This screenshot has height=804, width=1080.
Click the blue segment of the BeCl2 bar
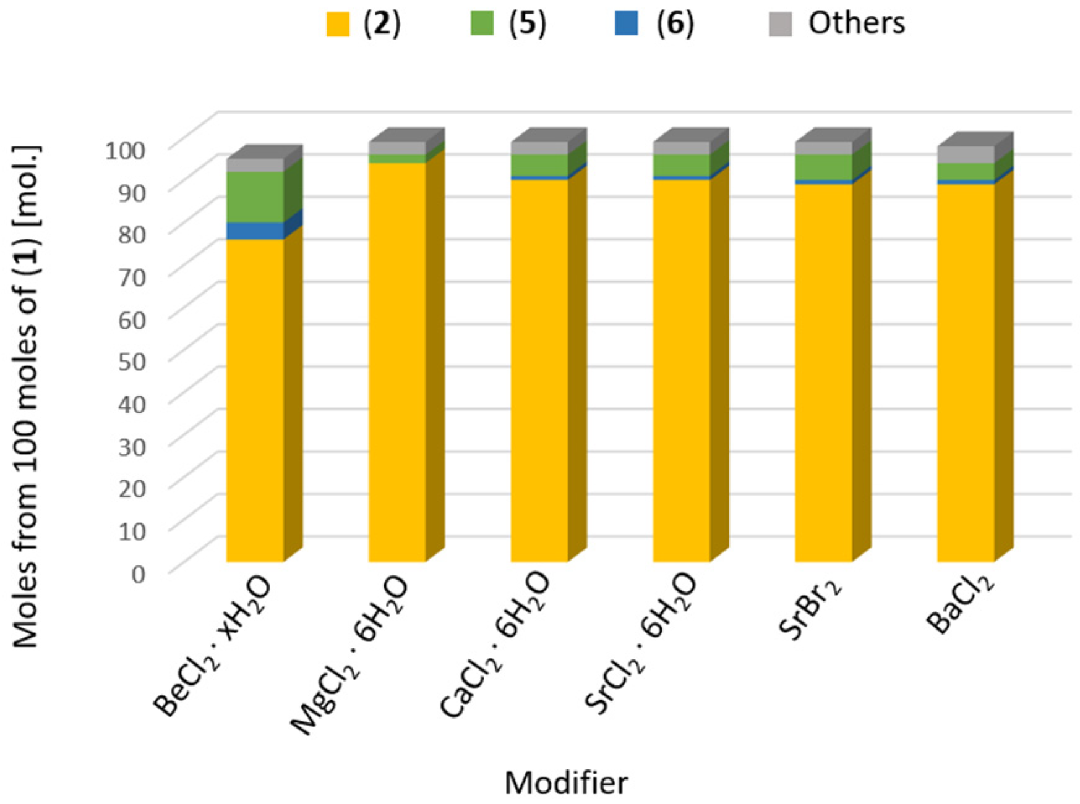(255, 231)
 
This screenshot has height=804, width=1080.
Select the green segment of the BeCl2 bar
(255, 197)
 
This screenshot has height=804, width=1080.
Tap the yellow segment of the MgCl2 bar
(397, 362)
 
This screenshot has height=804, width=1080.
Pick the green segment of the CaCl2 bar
(539, 165)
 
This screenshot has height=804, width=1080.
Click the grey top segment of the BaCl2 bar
(966, 154)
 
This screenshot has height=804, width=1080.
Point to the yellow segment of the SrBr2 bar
(824, 373)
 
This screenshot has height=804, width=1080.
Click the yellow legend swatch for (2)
(338, 24)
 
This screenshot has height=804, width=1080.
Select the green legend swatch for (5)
(482, 24)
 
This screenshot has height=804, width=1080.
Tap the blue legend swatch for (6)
(627, 24)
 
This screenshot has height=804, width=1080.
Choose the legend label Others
(857, 23)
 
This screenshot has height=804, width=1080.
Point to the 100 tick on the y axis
(126, 150)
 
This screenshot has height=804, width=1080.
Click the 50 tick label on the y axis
(132, 362)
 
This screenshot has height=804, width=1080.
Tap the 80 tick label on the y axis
(132, 234)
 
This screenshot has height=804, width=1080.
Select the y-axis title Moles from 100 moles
(26, 396)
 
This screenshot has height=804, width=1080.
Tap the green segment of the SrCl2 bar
(682, 165)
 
